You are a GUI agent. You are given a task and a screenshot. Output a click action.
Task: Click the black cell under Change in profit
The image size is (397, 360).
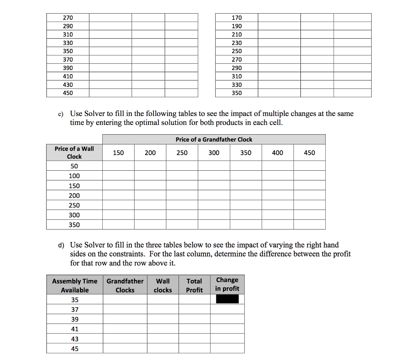[x=227, y=299]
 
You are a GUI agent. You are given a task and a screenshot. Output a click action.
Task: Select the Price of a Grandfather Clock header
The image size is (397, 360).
[x=214, y=139]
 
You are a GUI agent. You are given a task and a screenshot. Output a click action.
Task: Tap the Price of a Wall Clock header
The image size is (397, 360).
[x=74, y=152]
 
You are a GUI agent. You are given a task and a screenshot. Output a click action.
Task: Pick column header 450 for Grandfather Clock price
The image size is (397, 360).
[x=309, y=153]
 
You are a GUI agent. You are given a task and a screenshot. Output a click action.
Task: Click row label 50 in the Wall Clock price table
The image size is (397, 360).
[x=74, y=166]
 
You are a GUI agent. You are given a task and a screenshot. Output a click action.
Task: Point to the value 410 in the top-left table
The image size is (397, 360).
[x=68, y=76]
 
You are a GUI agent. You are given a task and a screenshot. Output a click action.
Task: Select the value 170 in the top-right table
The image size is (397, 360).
[x=236, y=18]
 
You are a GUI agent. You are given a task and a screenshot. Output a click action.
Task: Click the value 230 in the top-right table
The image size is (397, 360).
[x=236, y=43]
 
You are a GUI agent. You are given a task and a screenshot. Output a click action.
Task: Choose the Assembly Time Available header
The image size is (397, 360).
[x=75, y=286]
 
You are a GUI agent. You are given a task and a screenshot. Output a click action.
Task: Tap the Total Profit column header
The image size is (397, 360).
[x=194, y=286]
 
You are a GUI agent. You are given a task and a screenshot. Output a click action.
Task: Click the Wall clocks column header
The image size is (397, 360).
[x=163, y=286]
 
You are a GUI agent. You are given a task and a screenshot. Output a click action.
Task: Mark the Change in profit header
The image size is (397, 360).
[x=227, y=284]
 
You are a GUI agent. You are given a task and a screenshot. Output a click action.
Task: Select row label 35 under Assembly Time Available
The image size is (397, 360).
[x=75, y=300]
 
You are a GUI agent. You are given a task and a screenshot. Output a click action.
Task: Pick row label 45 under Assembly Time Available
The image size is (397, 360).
[x=75, y=349]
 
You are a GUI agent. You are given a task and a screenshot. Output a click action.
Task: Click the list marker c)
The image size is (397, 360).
[x=61, y=114]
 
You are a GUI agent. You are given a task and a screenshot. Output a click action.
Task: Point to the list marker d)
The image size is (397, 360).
[x=61, y=245]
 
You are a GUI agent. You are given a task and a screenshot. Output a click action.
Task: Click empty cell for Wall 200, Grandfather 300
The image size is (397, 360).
[x=214, y=196]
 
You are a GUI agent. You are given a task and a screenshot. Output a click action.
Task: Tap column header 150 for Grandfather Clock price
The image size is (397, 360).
[x=118, y=153]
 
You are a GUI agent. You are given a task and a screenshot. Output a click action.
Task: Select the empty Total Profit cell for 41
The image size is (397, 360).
[x=194, y=329]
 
